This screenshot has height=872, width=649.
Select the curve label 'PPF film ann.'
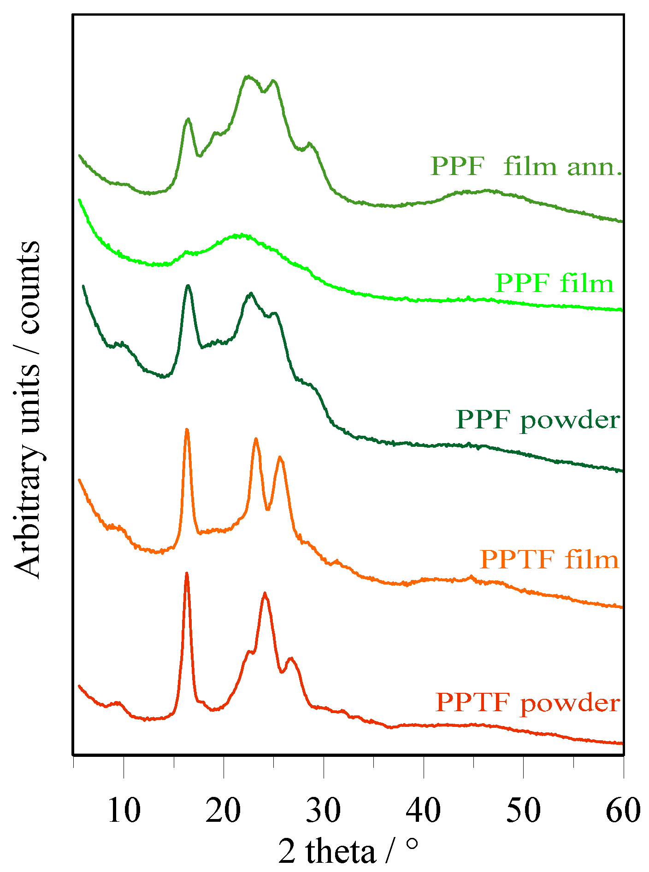pos(526,166)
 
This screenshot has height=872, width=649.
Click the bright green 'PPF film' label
pos(555,283)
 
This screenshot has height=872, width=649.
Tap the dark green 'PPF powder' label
pos(538,420)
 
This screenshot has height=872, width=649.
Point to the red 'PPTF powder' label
pos(528,703)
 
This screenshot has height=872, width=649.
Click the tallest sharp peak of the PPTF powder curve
pos(187,573)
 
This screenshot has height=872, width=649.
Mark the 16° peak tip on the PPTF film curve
pos(187,429)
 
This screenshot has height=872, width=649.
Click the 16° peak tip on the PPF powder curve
pos(188,286)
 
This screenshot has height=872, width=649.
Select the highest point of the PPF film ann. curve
pos(248,76)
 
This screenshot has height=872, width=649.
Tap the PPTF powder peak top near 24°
pos(265,593)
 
